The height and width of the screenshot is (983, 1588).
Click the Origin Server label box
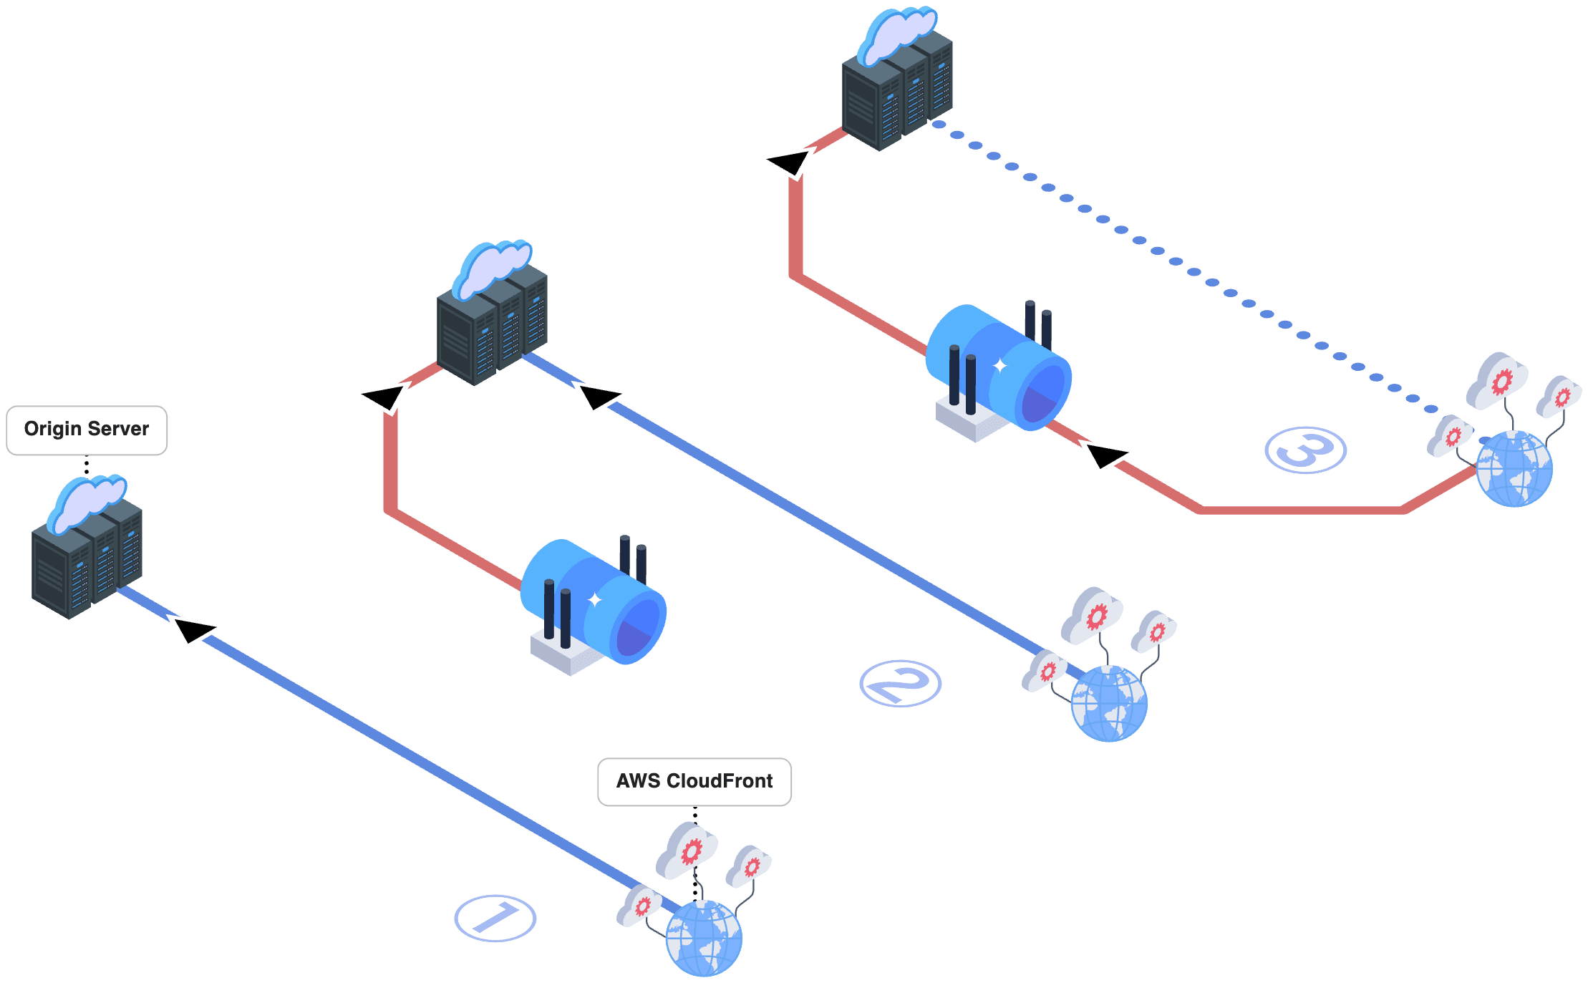87,430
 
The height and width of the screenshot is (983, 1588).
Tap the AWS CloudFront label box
694,781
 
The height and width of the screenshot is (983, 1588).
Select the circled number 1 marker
495,918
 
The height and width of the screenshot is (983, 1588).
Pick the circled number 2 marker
900,683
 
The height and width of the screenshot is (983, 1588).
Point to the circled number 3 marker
1305,450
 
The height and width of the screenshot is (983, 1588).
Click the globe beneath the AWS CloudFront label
704,938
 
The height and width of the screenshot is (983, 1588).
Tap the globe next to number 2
1109,704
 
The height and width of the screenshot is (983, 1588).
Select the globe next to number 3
1514,469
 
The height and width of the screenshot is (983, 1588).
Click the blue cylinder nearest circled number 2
594,601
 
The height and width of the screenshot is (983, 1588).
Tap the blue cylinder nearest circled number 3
999,367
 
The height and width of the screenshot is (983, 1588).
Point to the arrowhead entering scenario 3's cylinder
1104,455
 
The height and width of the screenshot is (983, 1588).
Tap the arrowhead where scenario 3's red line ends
788,162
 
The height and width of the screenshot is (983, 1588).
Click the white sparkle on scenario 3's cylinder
999,366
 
